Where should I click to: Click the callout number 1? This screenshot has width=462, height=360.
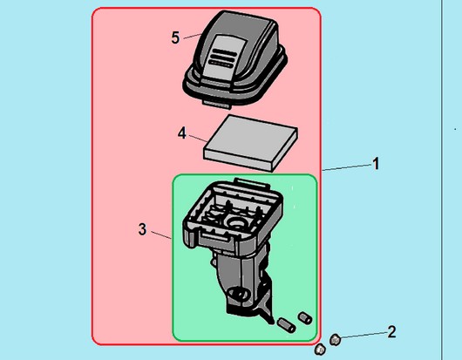[376, 164]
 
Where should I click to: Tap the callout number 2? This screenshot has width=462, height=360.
[391, 332]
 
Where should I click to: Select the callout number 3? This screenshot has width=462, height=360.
[142, 229]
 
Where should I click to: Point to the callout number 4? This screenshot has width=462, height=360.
[182, 132]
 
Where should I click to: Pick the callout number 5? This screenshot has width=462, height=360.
[175, 37]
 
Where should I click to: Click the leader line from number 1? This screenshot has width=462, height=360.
[347, 167]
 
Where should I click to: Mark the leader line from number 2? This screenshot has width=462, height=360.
[363, 335]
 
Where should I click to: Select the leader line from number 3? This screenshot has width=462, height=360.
[161, 235]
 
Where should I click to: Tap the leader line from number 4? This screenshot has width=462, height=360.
[198, 139]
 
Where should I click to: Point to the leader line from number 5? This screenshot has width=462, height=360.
[193, 37]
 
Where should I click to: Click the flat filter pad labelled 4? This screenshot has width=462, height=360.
[250, 143]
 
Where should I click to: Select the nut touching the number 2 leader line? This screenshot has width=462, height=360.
[336, 340]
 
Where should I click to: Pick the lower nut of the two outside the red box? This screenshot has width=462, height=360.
[320, 350]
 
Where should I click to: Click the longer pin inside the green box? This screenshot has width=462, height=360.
[287, 325]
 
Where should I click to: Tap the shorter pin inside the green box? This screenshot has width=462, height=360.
[305, 318]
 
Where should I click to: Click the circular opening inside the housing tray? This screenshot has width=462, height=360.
[237, 222]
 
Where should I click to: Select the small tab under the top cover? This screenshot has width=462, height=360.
[217, 104]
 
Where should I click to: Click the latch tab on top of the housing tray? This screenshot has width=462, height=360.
[252, 184]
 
